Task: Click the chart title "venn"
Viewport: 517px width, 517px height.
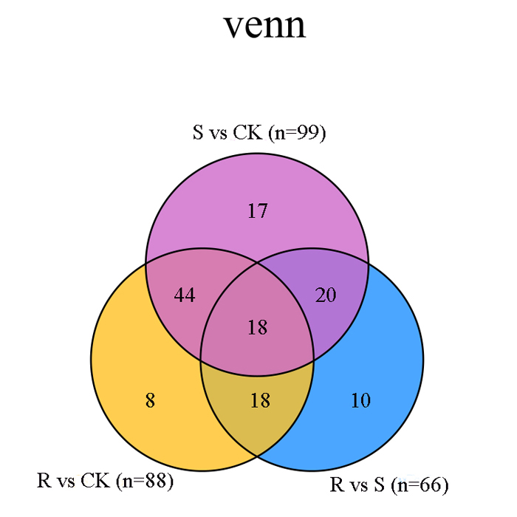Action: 264,26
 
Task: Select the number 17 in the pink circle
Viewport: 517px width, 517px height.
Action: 258,210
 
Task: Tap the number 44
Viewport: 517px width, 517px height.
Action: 185,295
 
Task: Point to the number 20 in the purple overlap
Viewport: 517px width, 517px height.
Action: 326,295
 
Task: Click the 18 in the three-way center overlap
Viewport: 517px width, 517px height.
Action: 258,327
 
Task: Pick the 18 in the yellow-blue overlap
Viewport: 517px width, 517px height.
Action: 260,400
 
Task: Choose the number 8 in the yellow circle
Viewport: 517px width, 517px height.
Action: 150,400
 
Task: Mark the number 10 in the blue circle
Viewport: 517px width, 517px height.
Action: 360,400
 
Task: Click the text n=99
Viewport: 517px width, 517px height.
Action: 297,133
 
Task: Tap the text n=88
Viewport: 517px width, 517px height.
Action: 145,481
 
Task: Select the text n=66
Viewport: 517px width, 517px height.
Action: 420,485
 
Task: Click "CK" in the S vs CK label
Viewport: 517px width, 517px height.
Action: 247,132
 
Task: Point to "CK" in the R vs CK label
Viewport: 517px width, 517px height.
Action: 95,480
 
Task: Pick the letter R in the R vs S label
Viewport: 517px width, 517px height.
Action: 338,485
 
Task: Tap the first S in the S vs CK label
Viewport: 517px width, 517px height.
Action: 198,132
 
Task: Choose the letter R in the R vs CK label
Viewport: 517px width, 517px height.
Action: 44,480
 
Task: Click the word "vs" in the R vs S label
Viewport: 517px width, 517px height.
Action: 360,487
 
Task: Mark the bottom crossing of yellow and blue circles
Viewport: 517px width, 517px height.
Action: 258,456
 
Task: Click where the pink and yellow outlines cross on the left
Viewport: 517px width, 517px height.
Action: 146,264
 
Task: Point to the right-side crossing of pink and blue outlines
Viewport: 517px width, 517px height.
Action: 369,264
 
